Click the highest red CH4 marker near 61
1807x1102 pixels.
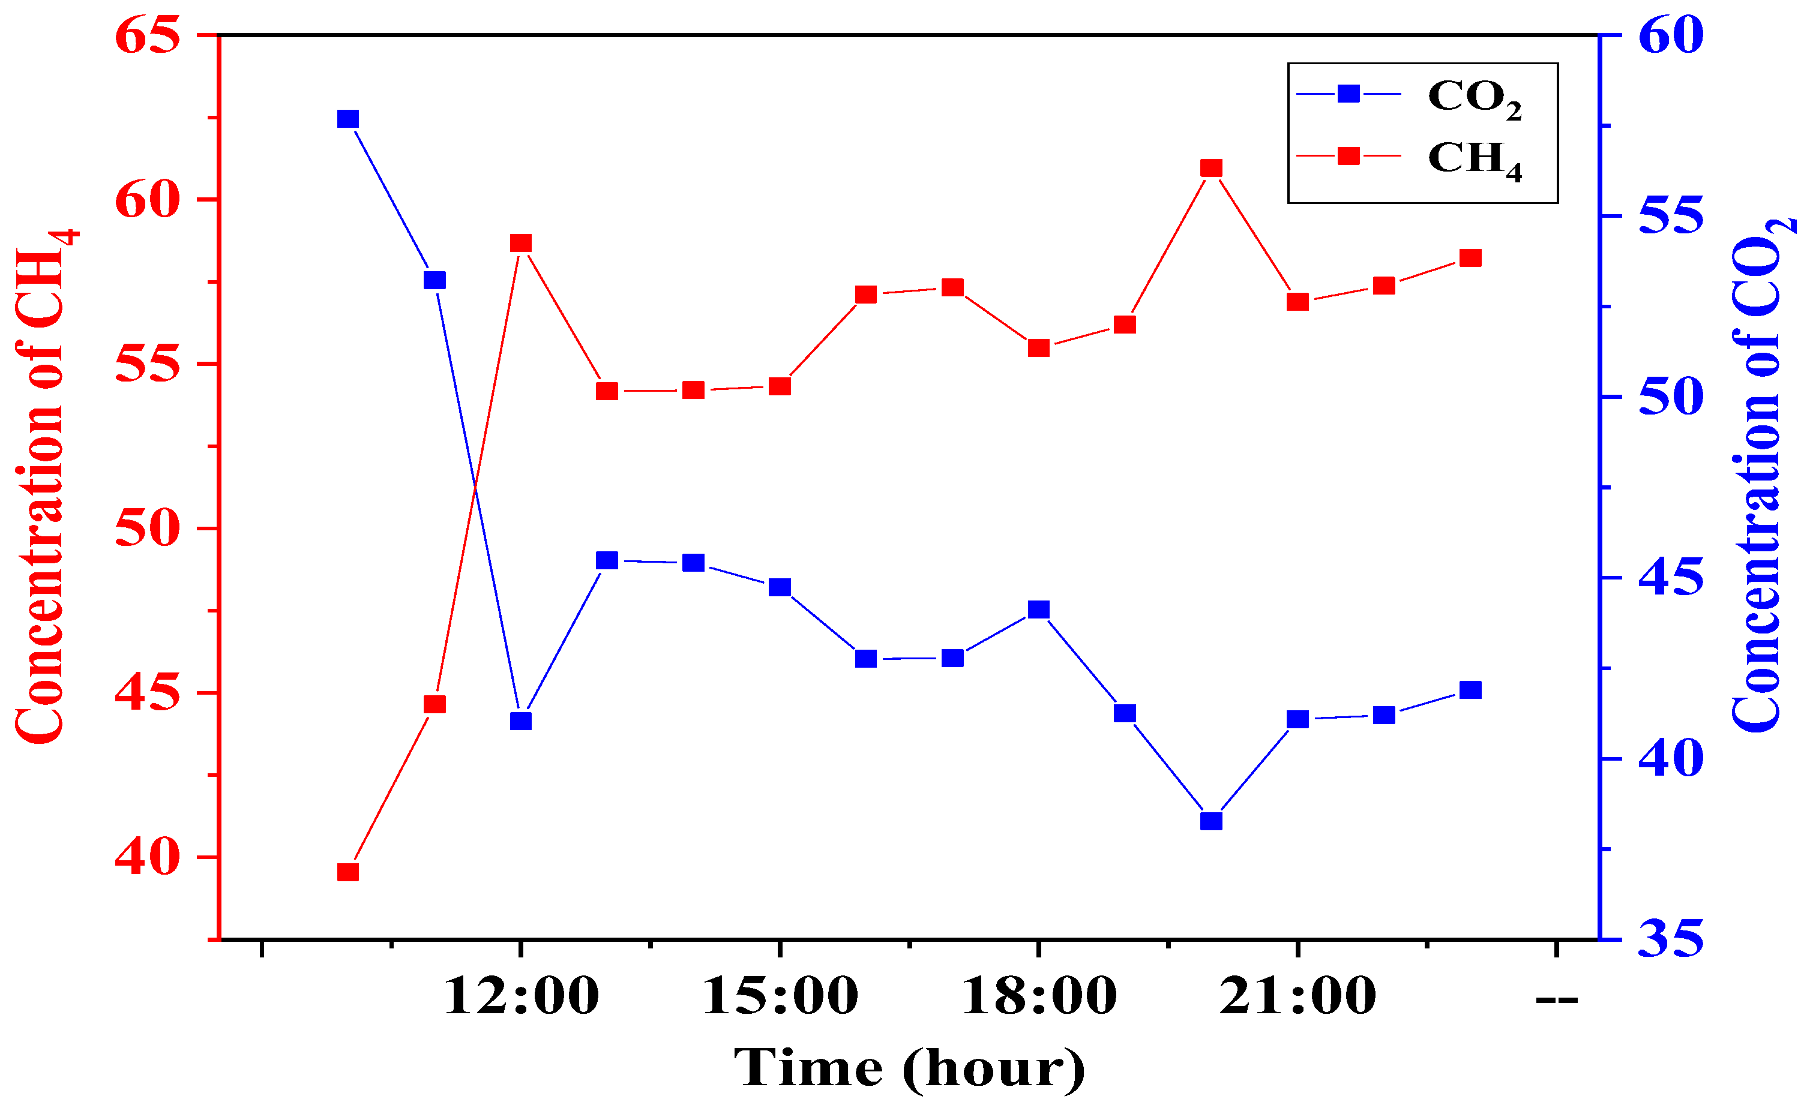[x=1212, y=169]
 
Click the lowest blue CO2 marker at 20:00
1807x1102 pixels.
[x=1212, y=821]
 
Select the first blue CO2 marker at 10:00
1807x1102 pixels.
[x=347, y=119]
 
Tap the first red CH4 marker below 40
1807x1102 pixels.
[x=347, y=872]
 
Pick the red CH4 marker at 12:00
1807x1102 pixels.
[x=521, y=244]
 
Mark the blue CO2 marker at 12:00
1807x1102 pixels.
[x=521, y=722]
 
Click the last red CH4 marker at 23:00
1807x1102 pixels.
[x=1470, y=258]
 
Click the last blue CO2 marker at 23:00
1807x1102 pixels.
[x=1470, y=690]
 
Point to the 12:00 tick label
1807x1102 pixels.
[x=521, y=997]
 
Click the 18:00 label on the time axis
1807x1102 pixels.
[x=1038, y=997]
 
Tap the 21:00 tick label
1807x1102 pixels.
[x=1297, y=997]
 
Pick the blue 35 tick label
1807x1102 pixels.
[x=1671, y=939]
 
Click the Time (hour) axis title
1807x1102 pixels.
[x=909, y=1068]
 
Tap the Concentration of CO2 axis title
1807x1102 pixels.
[x=1760, y=476]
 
